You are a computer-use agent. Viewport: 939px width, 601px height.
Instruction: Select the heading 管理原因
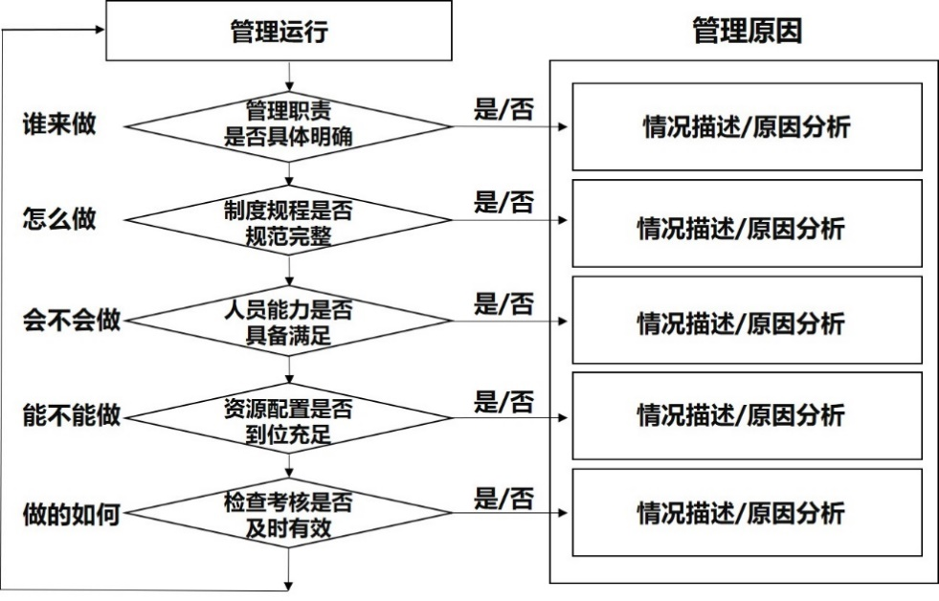(x=747, y=31)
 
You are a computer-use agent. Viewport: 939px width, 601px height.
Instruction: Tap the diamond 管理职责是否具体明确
(x=288, y=125)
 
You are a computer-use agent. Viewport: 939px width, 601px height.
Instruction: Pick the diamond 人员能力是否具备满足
(x=288, y=321)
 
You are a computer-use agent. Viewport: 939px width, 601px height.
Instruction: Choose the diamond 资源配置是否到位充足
(x=288, y=418)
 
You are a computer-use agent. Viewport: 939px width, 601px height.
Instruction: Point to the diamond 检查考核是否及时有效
(x=288, y=515)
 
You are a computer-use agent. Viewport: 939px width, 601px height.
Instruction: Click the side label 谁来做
(x=59, y=124)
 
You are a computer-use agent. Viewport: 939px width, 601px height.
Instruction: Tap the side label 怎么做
(x=59, y=219)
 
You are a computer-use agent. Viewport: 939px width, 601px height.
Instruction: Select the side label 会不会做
(x=72, y=320)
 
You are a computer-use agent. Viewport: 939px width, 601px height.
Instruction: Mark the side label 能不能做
(x=72, y=416)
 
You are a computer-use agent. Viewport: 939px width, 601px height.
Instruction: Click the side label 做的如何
(x=72, y=515)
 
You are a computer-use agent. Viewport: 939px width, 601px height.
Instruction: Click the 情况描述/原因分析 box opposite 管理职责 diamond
(x=747, y=126)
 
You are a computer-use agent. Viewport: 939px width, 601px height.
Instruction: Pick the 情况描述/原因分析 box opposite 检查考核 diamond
(x=747, y=512)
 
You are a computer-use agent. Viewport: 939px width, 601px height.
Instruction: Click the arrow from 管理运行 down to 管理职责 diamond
(x=288, y=75)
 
